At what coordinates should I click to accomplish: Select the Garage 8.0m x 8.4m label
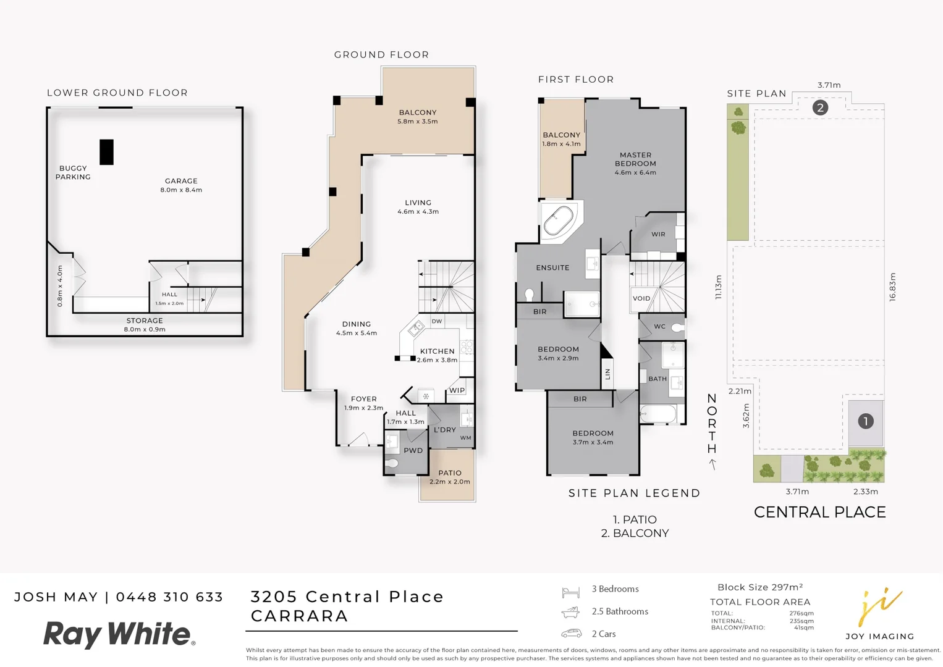pyautogui.click(x=181, y=185)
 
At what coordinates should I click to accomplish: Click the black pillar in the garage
pyautogui.click(x=106, y=152)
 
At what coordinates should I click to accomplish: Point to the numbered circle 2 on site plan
pyautogui.click(x=820, y=107)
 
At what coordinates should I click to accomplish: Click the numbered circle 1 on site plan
pyautogui.click(x=865, y=421)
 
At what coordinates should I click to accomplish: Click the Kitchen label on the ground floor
pyautogui.click(x=437, y=351)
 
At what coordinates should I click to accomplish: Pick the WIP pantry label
pyautogui.click(x=457, y=390)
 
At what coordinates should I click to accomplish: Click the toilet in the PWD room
pyautogui.click(x=392, y=463)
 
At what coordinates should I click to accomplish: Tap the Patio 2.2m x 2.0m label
pyautogui.click(x=449, y=477)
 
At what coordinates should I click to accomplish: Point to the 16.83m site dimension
pyautogui.click(x=892, y=287)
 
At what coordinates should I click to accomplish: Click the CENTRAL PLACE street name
pyautogui.click(x=819, y=512)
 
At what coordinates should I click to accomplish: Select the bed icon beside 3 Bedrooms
pyautogui.click(x=570, y=592)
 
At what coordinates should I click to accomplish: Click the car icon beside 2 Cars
pyautogui.click(x=571, y=634)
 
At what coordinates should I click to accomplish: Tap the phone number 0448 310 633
pyautogui.click(x=169, y=597)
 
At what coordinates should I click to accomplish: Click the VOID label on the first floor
pyautogui.click(x=641, y=298)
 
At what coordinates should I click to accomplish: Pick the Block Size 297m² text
pyautogui.click(x=759, y=587)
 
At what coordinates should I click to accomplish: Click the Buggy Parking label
pyautogui.click(x=73, y=172)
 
